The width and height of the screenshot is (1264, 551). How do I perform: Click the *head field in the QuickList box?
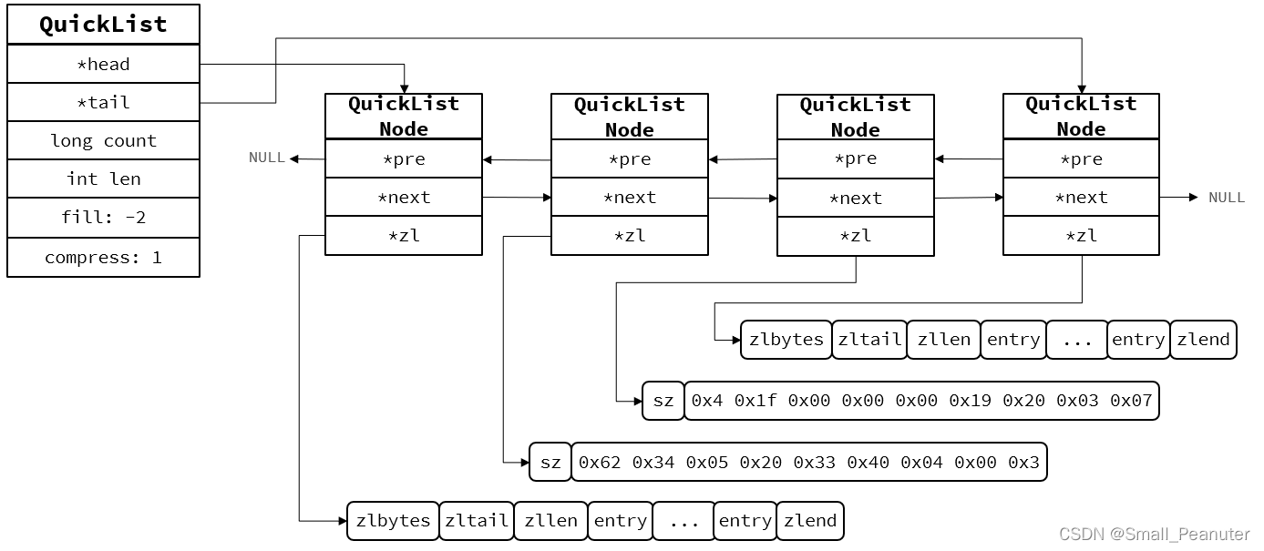pyautogui.click(x=103, y=64)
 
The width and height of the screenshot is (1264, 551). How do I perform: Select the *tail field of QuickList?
pyautogui.click(x=103, y=102)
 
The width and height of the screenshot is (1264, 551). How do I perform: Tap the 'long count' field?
pyautogui.click(x=103, y=140)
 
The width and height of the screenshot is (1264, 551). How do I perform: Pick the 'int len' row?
pyautogui.click(x=103, y=179)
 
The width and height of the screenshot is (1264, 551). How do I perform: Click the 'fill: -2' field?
pyautogui.click(x=103, y=218)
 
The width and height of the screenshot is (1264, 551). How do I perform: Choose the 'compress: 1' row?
pyautogui.click(x=103, y=258)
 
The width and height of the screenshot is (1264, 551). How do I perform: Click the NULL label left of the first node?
pyautogui.click(x=267, y=158)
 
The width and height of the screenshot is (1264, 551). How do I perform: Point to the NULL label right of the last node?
pyautogui.click(x=1227, y=198)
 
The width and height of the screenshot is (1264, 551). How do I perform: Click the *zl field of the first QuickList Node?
pyautogui.click(x=404, y=236)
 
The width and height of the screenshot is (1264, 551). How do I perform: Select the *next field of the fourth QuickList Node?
pyautogui.click(x=1081, y=198)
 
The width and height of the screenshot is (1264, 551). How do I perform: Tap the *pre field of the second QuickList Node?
pyautogui.click(x=630, y=159)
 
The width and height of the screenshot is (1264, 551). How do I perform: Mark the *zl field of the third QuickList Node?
pyautogui.click(x=856, y=236)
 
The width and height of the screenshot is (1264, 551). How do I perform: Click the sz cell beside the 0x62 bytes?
pyautogui.click(x=550, y=463)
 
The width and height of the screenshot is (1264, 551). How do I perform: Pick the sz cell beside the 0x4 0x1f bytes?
pyautogui.click(x=663, y=401)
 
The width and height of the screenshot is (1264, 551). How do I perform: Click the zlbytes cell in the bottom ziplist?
pyautogui.click(x=393, y=521)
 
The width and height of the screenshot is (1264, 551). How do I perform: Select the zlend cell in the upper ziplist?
pyautogui.click(x=1203, y=340)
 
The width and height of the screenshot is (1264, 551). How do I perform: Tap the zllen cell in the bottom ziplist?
pyautogui.click(x=550, y=521)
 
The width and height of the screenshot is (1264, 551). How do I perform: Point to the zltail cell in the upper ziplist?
pyautogui.click(x=869, y=340)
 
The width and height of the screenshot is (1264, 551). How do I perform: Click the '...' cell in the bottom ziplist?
pyautogui.click(x=683, y=521)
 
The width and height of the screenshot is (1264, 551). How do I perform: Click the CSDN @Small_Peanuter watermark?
pyautogui.click(x=1154, y=534)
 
